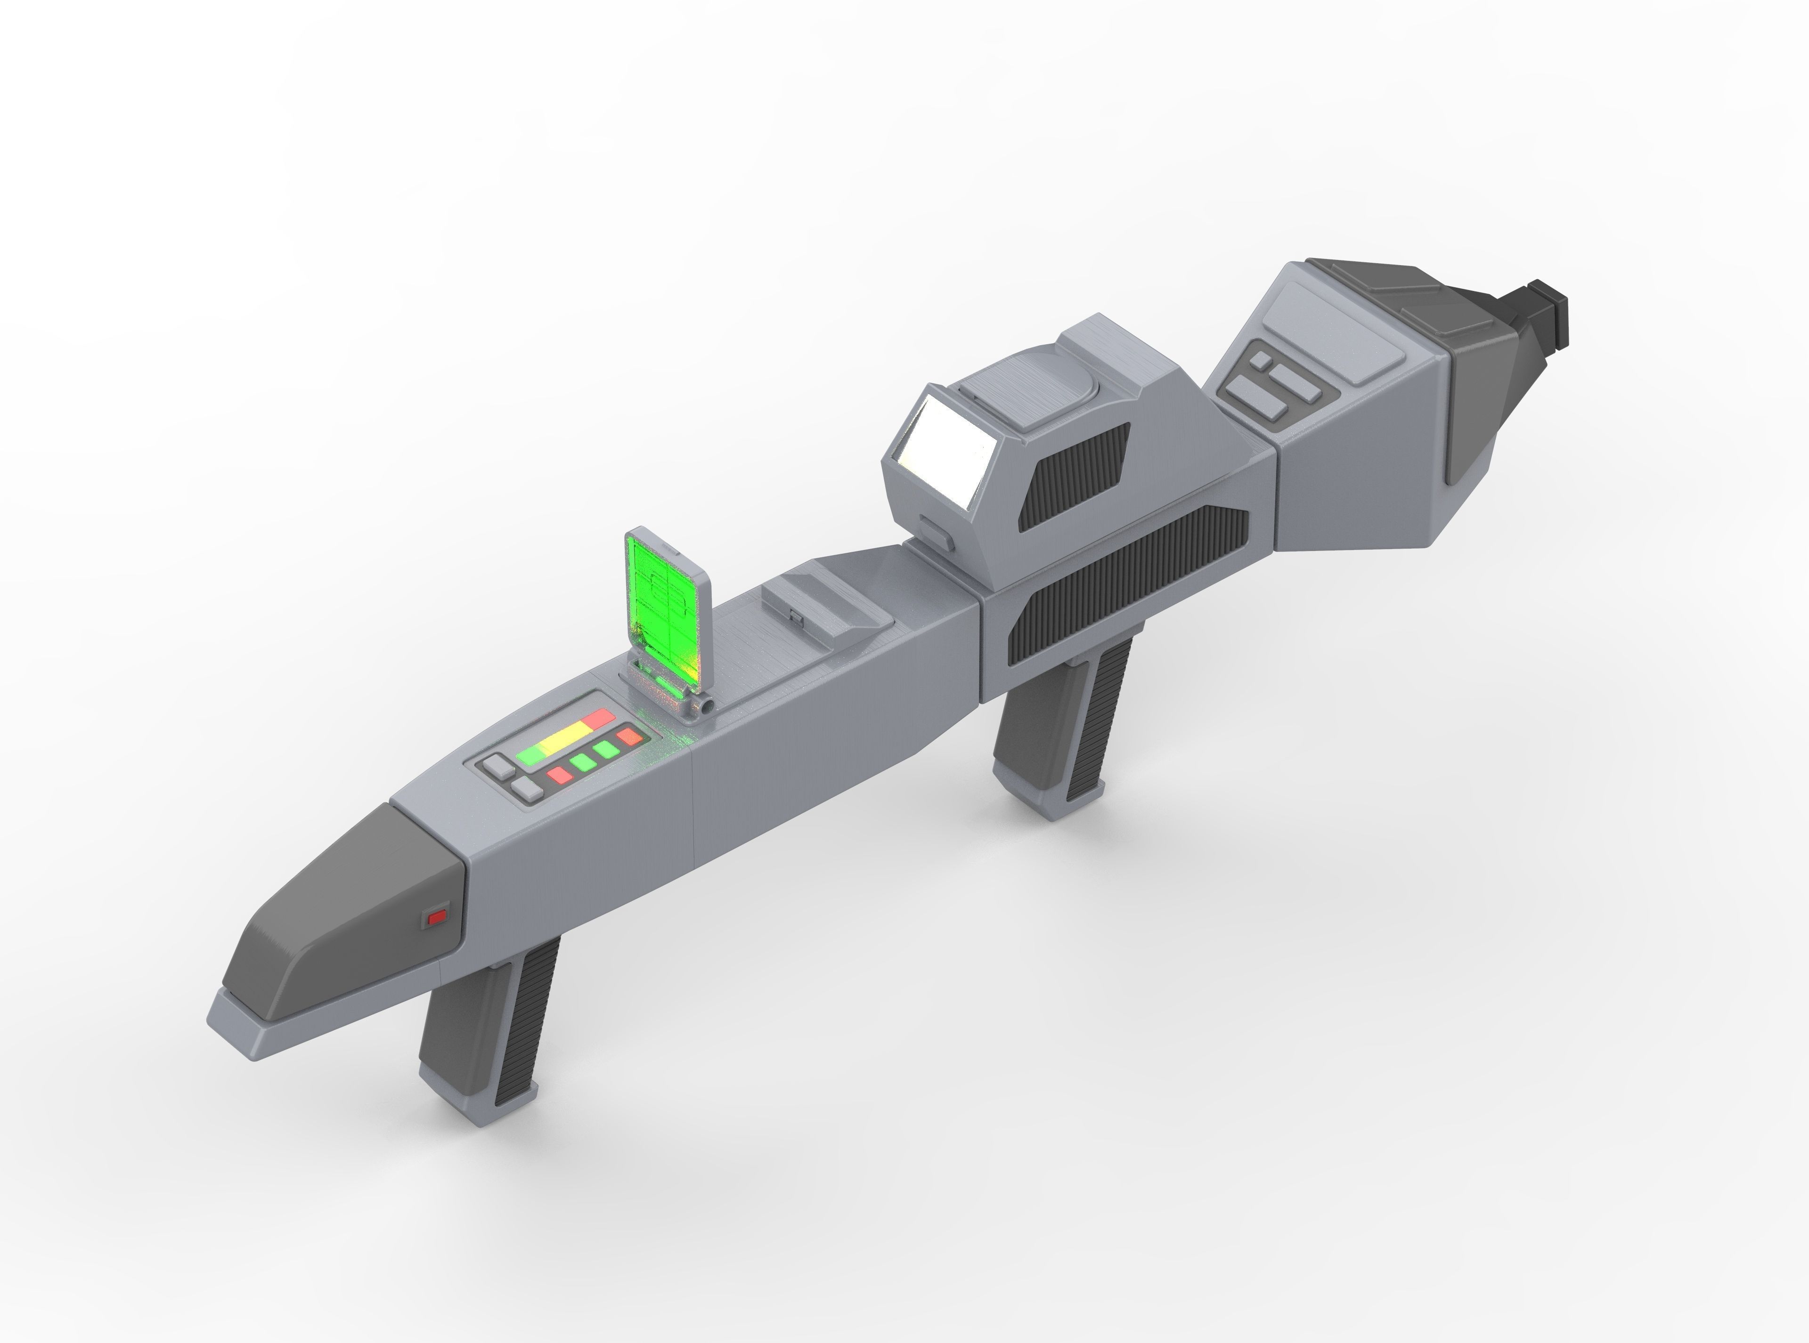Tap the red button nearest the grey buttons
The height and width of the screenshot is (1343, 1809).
[560, 775]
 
